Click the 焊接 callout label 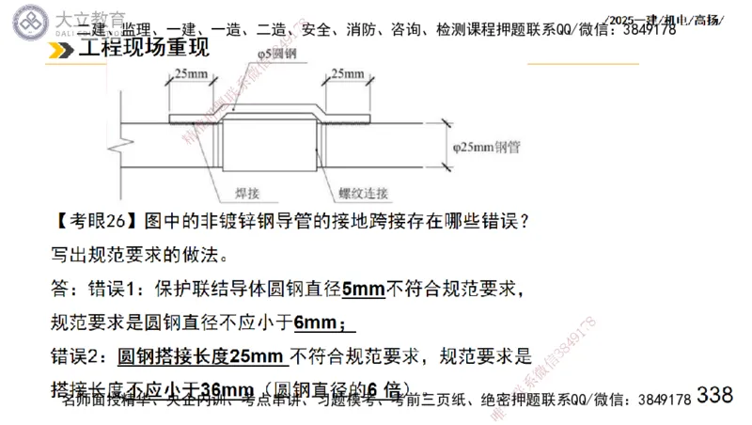(239, 193)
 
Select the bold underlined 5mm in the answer (364, 289)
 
